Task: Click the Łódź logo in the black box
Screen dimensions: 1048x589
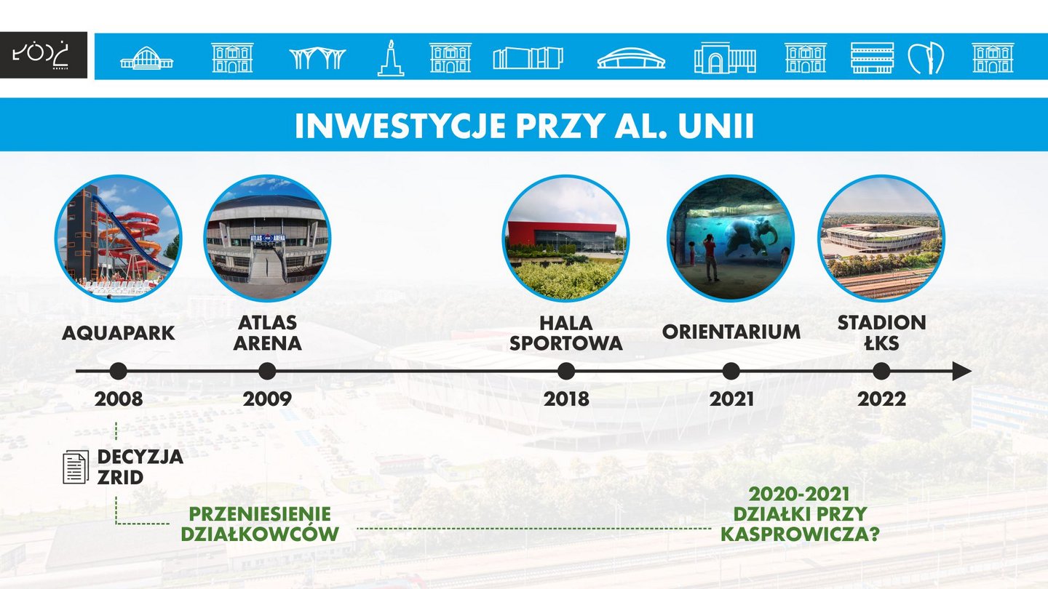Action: (x=41, y=55)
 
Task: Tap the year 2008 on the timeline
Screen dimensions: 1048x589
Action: (x=119, y=399)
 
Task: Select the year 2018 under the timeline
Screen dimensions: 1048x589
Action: (x=566, y=399)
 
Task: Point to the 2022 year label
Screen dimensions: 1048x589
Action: (x=881, y=399)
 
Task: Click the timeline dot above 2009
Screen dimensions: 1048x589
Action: (x=267, y=371)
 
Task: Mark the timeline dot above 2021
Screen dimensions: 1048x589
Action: (x=731, y=371)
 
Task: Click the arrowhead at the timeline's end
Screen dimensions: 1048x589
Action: (x=962, y=371)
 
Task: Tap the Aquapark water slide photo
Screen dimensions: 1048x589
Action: (x=119, y=238)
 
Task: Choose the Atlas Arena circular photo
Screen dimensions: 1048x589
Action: (x=267, y=238)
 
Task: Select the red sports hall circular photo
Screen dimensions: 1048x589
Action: (x=565, y=238)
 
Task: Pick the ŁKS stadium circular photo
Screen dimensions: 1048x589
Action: (x=881, y=238)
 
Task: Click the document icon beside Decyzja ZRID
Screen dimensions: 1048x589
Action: (x=76, y=467)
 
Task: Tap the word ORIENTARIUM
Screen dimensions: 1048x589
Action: (x=731, y=332)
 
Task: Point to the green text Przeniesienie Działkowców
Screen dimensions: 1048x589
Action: (x=260, y=524)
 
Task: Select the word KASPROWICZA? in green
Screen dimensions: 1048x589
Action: (x=800, y=534)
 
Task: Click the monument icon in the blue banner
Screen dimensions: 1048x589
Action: (x=391, y=58)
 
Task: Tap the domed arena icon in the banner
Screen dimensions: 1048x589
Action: (x=631, y=59)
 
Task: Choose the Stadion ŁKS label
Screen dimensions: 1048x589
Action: (x=881, y=333)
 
